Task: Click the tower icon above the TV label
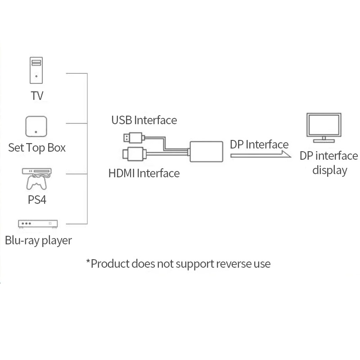(37, 70)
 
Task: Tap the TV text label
(37, 96)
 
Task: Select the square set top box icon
(36, 126)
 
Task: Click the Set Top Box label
(37, 148)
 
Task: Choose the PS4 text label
(37, 200)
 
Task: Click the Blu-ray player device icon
(38, 224)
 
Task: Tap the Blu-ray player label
(38, 240)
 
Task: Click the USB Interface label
(144, 120)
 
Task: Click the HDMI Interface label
(144, 173)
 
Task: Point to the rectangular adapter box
(207, 151)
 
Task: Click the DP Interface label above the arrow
(259, 144)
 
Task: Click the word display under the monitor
(330, 171)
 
